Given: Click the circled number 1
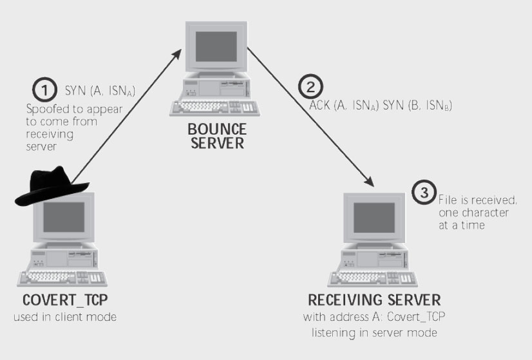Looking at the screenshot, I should [44, 90].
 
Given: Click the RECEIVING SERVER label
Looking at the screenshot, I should [374, 300].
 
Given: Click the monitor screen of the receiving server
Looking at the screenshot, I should [372, 215].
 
